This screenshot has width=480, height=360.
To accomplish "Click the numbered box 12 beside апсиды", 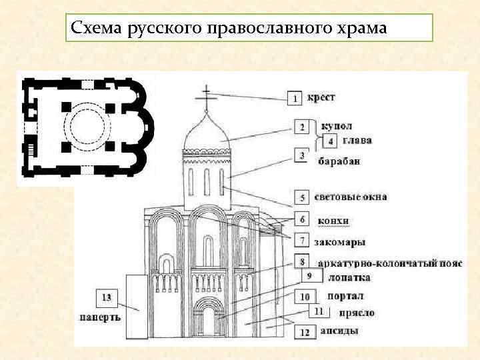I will [x=305, y=331].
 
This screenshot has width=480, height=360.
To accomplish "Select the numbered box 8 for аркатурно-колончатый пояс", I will [x=304, y=262].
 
